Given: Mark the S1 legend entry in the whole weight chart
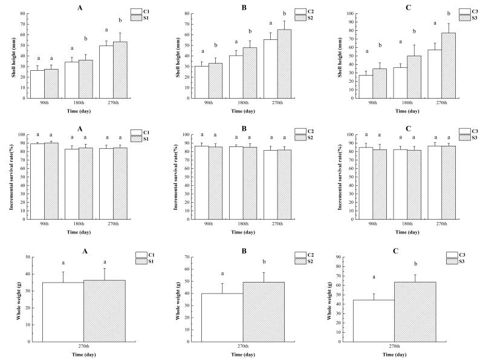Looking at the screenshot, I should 146,261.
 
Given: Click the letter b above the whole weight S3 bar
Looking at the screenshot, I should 415,263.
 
